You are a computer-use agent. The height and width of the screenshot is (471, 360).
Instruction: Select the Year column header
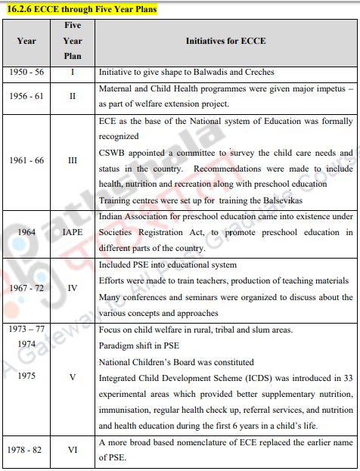(26, 41)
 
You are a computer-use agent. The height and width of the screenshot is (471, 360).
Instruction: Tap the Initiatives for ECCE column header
(225, 41)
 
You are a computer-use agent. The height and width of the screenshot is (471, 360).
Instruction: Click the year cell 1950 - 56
(26, 72)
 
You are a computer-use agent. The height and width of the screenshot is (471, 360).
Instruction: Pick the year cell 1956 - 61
(26, 97)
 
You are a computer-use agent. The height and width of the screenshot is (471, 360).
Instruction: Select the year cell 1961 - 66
(26, 160)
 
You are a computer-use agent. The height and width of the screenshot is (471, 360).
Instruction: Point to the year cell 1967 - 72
(26, 288)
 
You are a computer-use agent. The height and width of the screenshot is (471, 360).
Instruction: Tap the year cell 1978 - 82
(26, 449)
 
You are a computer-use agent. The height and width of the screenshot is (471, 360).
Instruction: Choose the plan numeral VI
(73, 449)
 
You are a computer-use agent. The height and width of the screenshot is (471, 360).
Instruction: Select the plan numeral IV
(73, 288)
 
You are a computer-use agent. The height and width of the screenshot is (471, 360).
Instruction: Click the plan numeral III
(73, 160)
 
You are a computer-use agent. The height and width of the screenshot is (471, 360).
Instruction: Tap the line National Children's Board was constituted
(176, 362)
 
